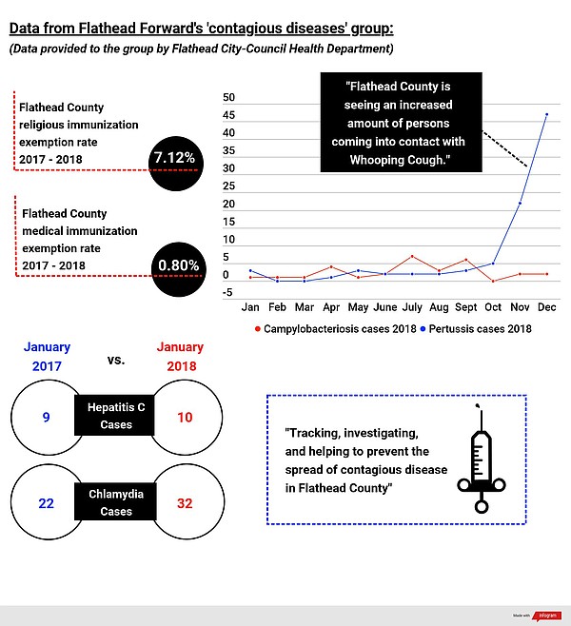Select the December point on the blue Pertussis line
[546, 114]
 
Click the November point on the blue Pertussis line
[520, 203]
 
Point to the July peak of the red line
[412, 257]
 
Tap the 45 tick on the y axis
[228, 116]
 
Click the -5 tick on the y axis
[228, 293]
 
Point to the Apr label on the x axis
[330, 308]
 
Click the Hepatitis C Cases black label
[116, 416]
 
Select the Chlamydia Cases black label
[116, 502]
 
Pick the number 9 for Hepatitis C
[46, 417]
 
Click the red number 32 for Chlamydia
[186, 503]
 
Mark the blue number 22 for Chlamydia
[46, 503]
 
